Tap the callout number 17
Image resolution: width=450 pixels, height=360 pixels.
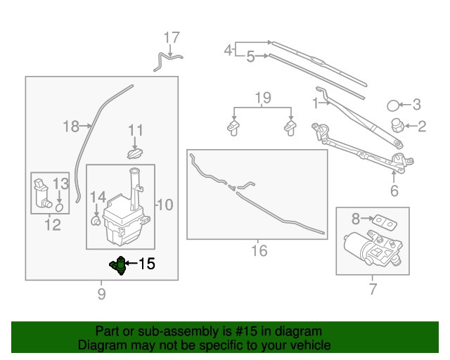click(172, 37)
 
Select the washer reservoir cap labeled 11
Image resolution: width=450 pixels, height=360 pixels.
click(134, 153)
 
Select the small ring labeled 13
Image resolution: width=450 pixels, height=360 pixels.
click(60, 207)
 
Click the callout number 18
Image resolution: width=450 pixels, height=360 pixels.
click(70, 127)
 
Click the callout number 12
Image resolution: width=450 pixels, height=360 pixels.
click(52, 226)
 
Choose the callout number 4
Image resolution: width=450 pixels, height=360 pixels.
click(228, 49)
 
